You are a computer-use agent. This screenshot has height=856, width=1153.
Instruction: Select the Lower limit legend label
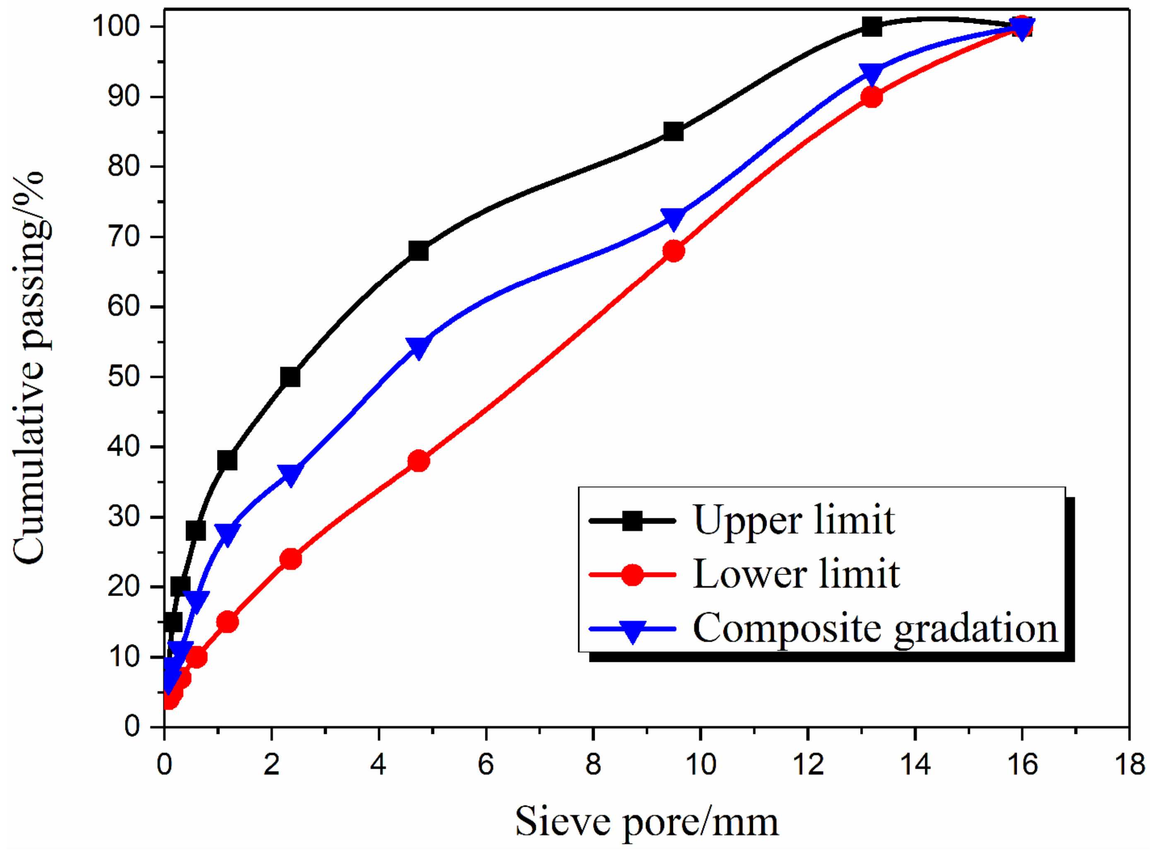point(796,574)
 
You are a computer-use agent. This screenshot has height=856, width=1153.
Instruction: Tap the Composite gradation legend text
point(875,628)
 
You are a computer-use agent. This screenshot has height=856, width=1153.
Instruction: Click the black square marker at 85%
point(673,132)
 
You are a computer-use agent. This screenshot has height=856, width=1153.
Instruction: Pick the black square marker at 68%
point(418,251)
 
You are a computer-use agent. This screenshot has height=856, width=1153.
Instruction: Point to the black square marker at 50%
point(290,377)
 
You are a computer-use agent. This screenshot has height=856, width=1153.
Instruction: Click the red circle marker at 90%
point(871,97)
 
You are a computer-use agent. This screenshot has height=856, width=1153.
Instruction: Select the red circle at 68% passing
point(673,251)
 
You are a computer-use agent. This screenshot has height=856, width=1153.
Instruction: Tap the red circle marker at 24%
point(290,559)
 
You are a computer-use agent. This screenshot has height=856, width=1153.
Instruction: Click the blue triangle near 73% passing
point(673,218)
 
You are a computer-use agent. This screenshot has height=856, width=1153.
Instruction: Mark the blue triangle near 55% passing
point(418,346)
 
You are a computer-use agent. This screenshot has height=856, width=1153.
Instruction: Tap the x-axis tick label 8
point(593,764)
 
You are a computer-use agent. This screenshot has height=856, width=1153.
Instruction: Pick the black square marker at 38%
point(227,460)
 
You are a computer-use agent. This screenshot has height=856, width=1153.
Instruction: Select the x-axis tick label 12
point(807,764)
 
